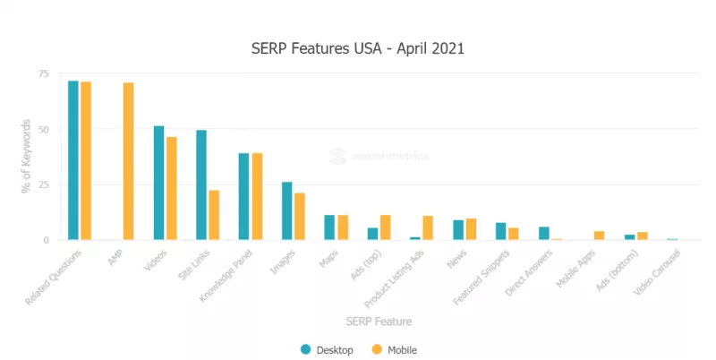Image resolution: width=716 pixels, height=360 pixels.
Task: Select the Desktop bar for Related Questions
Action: (x=73, y=160)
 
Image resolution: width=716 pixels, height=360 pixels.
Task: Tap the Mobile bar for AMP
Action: (x=129, y=161)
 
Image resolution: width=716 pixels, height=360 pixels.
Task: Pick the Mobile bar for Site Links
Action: (x=214, y=215)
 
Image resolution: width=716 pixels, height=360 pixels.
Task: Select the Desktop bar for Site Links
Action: (x=201, y=185)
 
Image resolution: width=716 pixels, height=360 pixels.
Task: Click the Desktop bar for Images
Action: (x=286, y=210)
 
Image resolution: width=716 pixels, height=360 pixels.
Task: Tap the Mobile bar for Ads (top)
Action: (x=386, y=227)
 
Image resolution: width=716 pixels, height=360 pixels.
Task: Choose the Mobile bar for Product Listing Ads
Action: (x=428, y=227)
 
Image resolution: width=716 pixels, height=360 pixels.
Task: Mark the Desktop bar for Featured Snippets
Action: (x=500, y=231)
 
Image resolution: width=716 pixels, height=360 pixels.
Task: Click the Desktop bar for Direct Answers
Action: (x=543, y=233)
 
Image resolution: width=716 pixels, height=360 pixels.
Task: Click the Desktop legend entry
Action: (x=328, y=349)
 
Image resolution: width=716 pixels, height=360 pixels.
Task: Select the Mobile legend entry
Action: (x=395, y=349)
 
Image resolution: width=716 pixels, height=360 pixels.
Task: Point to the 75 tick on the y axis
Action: (x=43, y=73)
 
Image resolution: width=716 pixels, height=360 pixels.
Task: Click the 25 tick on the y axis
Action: (x=43, y=184)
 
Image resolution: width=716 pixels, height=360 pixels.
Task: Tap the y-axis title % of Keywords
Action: (x=26, y=157)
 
